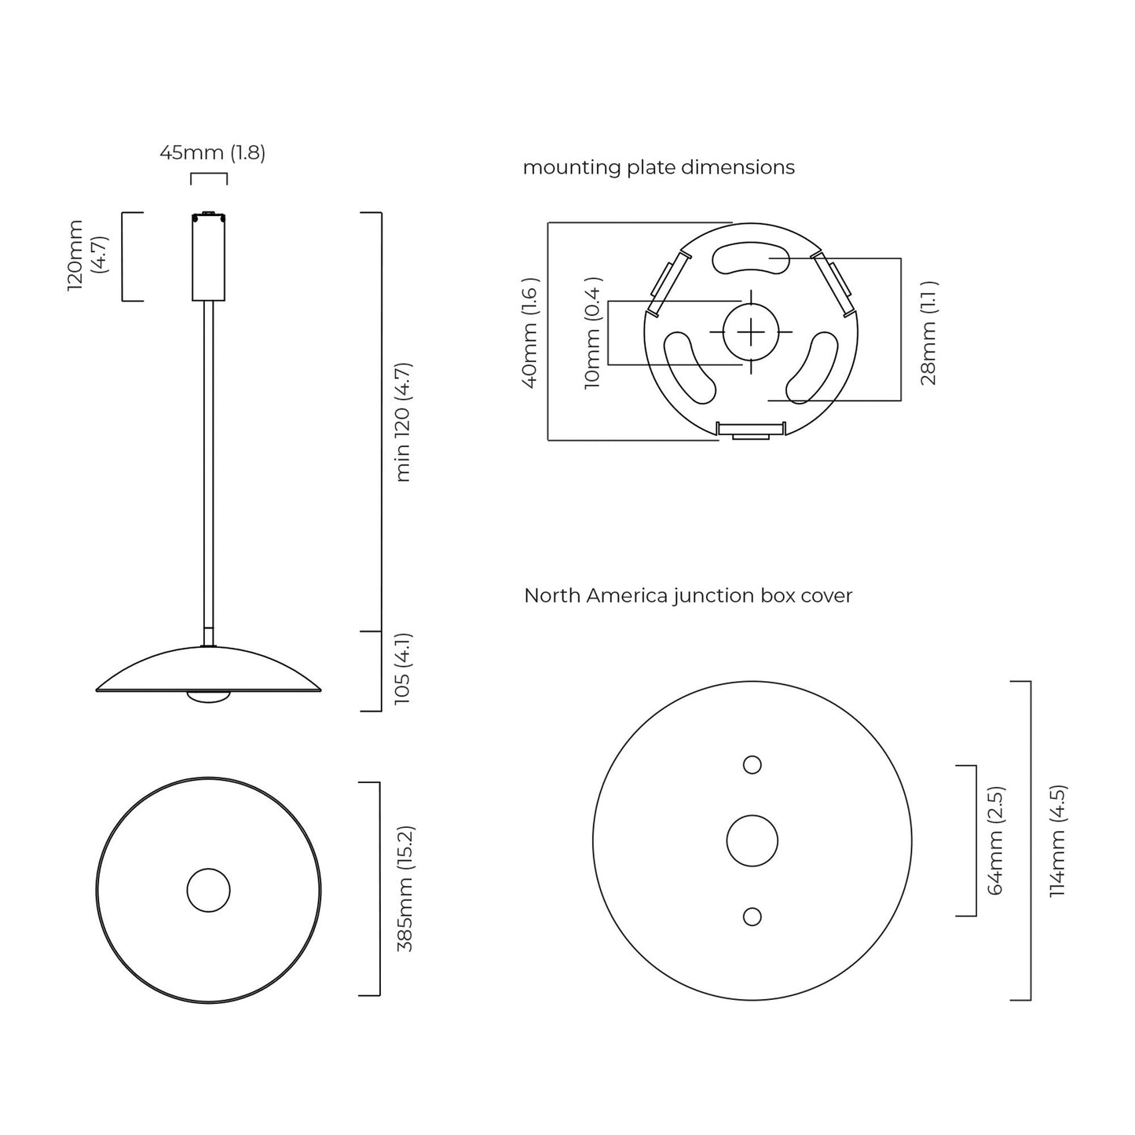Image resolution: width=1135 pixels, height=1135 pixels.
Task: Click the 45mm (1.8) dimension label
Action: (x=213, y=153)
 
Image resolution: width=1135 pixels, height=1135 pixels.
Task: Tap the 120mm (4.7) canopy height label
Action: (x=88, y=255)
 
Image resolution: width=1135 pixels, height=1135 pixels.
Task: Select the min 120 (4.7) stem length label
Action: (x=403, y=423)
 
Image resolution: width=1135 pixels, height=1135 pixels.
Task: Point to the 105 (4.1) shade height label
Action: (x=403, y=669)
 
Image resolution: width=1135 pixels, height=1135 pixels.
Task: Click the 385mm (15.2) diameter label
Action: (x=405, y=889)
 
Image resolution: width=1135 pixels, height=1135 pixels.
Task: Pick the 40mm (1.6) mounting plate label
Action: (x=530, y=333)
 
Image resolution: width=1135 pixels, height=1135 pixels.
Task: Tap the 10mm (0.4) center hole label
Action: (x=592, y=333)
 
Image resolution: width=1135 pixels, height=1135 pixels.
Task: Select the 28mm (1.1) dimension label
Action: (x=928, y=333)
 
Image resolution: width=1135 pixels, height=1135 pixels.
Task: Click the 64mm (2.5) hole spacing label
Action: (x=995, y=840)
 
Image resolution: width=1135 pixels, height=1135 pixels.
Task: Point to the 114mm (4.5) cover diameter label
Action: (x=1058, y=840)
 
